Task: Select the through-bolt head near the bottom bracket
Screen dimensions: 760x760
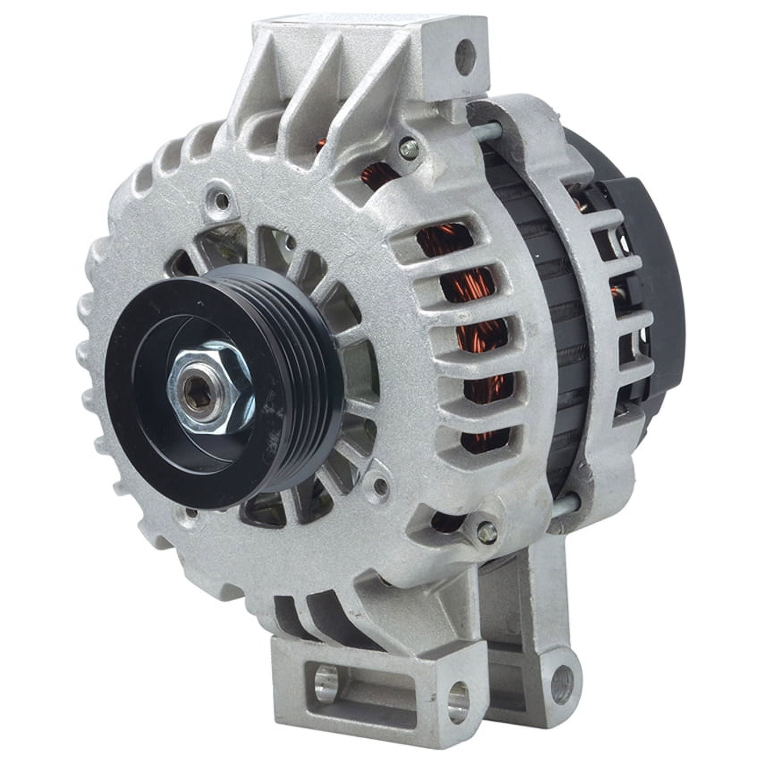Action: [x=486, y=531]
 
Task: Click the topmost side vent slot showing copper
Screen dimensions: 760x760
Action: [x=447, y=241]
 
